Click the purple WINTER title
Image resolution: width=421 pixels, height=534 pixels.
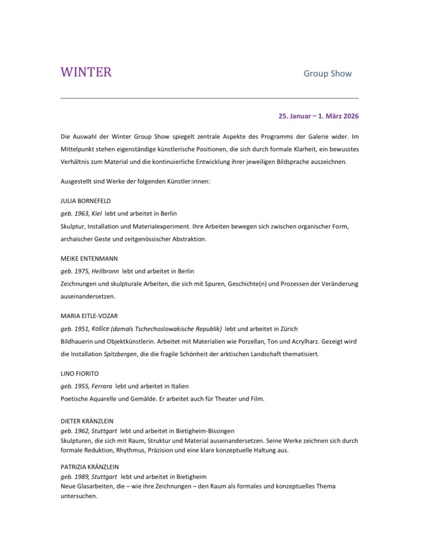click(86, 72)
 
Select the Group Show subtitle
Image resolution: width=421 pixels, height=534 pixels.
click(328, 74)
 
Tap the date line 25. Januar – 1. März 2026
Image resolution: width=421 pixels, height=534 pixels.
click(318, 116)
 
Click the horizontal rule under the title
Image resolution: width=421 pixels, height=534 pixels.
click(210, 98)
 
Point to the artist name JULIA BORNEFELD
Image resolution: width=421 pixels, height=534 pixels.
click(86, 201)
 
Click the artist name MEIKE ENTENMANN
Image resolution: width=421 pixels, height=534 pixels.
click(89, 258)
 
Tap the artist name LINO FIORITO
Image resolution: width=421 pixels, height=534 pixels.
click(80, 373)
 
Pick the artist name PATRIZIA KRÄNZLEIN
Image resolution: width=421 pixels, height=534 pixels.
click(93, 467)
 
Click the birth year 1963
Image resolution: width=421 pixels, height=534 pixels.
click(81, 214)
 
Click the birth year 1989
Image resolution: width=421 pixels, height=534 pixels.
click(81, 477)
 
